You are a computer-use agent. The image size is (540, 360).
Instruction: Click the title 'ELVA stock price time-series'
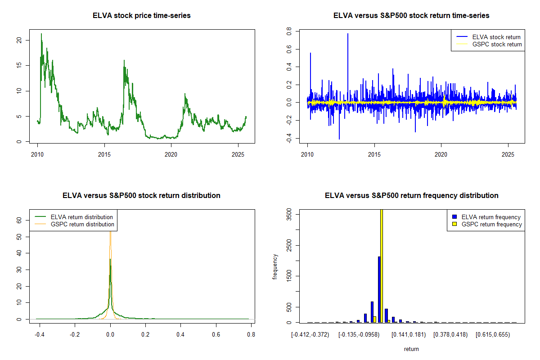coord(141,16)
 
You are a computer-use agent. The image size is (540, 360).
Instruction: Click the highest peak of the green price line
coord(41,34)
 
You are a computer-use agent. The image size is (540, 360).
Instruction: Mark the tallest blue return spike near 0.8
coord(347,34)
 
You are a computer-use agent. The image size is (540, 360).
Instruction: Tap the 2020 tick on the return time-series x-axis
coord(441,154)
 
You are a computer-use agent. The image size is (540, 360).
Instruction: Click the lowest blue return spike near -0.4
coord(339,139)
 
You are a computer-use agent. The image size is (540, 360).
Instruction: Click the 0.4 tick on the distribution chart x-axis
coord(180,334)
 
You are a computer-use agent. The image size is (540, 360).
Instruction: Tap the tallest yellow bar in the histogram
coord(382,265)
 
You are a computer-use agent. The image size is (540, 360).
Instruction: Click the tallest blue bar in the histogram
coord(379,289)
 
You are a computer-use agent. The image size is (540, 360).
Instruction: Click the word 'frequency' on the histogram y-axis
coord(275,267)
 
